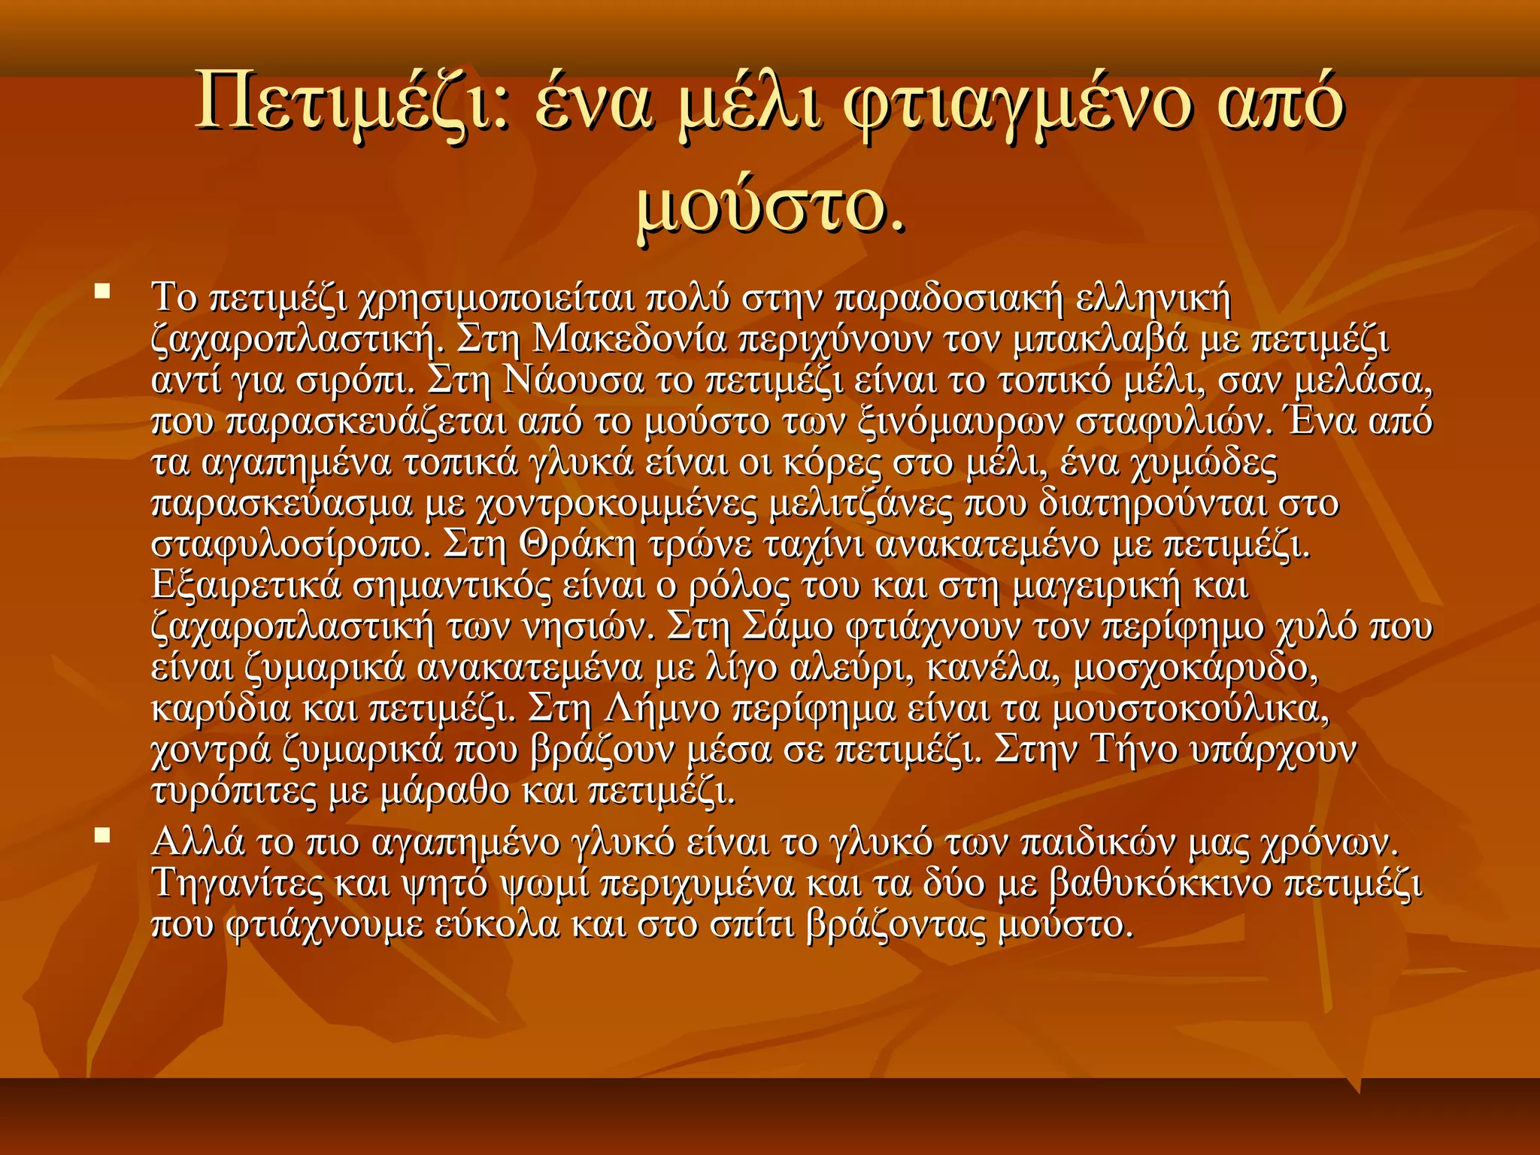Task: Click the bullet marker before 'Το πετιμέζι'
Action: coord(102,290)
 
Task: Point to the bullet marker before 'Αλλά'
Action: coord(102,835)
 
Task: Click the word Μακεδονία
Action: coord(629,341)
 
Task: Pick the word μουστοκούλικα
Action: coord(1190,708)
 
